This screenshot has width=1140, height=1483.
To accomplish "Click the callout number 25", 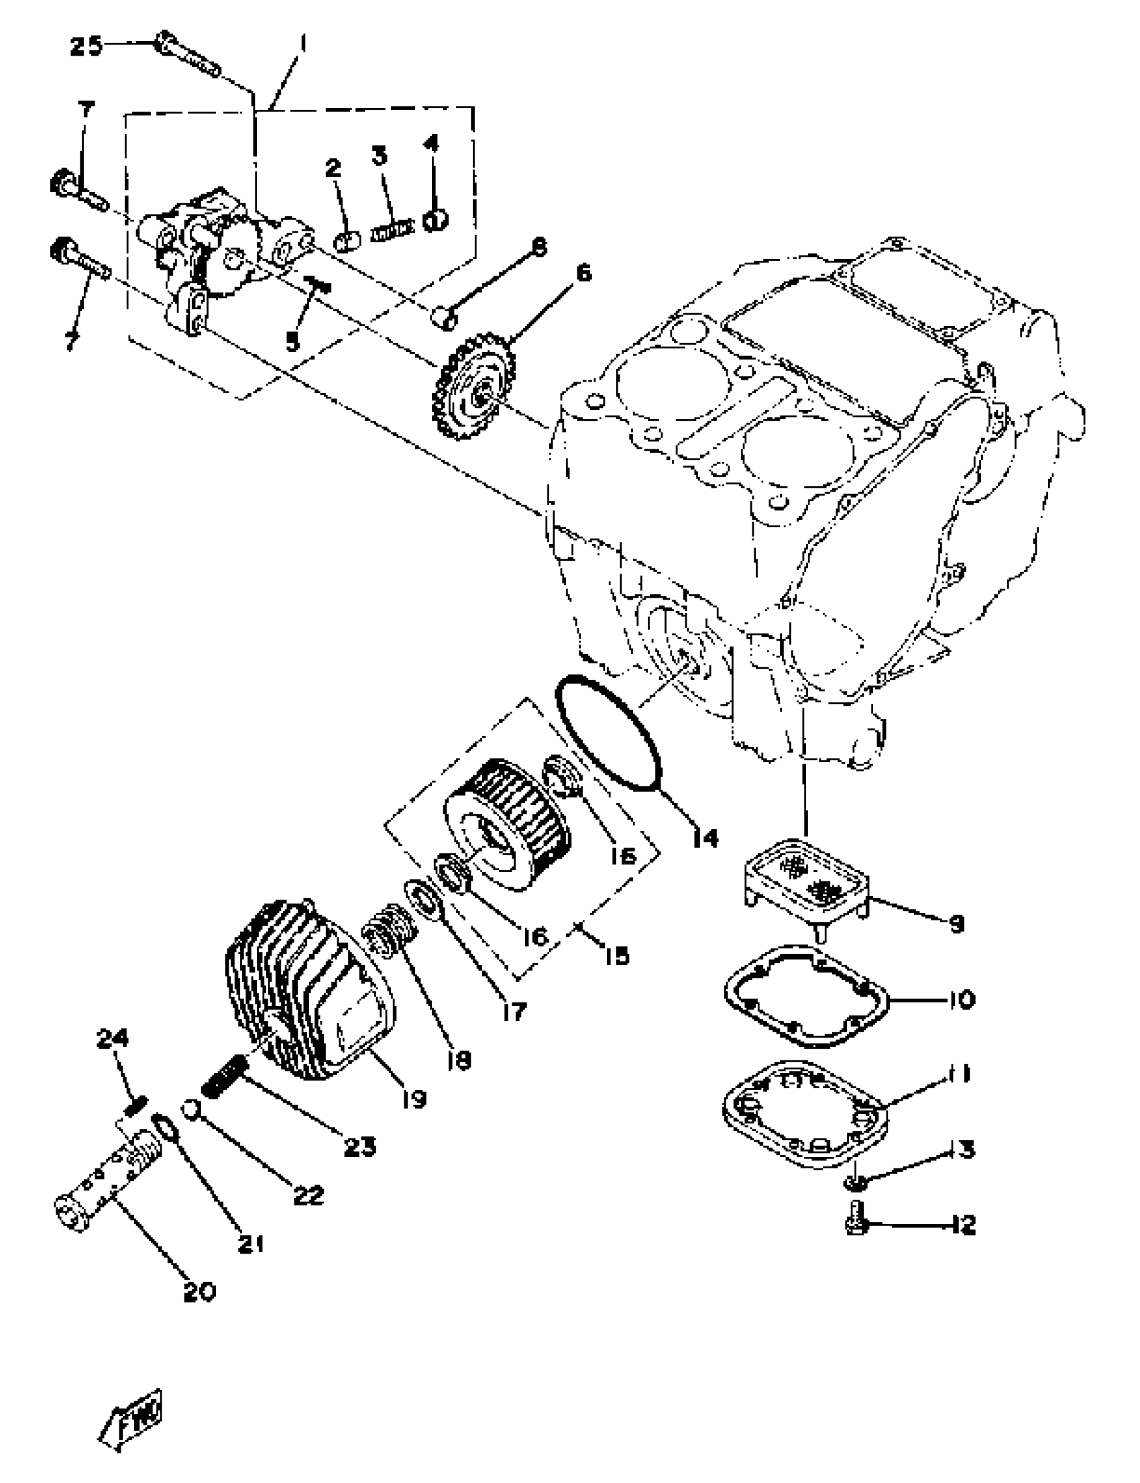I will (x=87, y=47).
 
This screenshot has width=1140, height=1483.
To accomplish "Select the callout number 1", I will (x=302, y=46).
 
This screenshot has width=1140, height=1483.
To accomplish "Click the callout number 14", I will (x=705, y=839).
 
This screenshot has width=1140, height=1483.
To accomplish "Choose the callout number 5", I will (x=292, y=343).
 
